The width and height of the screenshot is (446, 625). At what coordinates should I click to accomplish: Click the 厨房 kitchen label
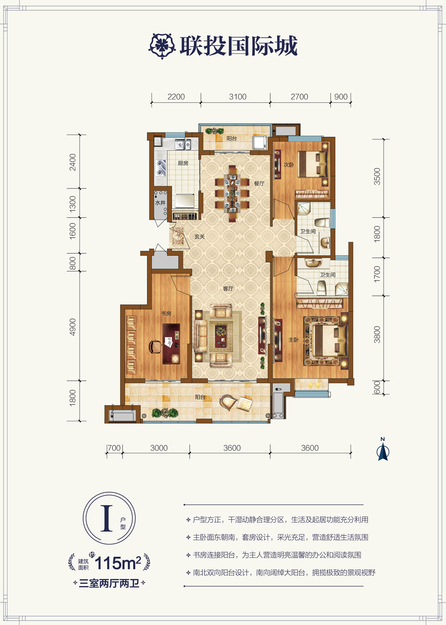coord(182,163)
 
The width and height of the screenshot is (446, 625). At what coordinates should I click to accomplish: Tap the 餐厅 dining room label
coord(259,183)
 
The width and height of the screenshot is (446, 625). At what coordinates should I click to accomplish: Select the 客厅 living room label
coord(228,289)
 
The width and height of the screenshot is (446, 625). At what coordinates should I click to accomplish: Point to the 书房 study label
coord(166,314)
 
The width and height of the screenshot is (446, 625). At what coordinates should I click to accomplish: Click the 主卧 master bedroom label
coord(293,339)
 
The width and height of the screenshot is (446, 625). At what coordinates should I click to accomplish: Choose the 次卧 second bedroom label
coord(289,165)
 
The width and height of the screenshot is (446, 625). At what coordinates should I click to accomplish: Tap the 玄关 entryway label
coord(199,237)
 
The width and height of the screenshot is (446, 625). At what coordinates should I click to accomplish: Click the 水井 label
coord(160,203)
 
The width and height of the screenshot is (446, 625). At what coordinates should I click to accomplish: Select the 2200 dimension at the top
coord(176,97)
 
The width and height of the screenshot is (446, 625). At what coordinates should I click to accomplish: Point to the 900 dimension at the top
coord(341,97)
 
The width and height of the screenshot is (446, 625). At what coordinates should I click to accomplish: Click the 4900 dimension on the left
coord(72,327)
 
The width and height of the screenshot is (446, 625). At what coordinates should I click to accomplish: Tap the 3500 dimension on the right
coord(377,176)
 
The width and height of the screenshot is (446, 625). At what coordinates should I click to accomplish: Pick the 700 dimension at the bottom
coord(114,448)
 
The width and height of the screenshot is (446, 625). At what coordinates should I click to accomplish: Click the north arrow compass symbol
coord(383,449)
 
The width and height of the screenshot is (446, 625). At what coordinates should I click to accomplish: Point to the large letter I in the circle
coord(106,518)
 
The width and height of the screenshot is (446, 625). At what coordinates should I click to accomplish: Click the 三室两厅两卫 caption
coord(109,583)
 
